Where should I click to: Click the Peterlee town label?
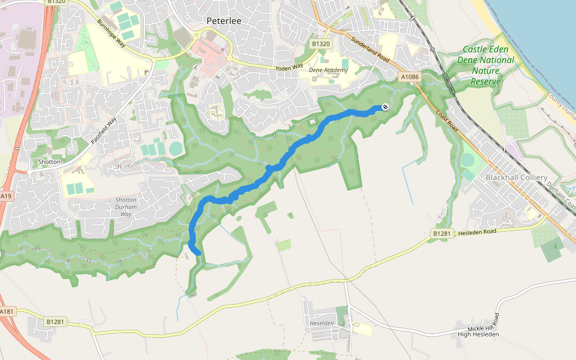(x=223, y=20)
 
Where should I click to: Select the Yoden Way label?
(x=290, y=68)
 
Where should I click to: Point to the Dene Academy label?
(x=328, y=70)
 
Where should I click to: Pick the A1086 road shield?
(x=410, y=77)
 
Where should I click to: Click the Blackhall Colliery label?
(x=516, y=178)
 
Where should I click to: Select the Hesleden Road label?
(x=477, y=232)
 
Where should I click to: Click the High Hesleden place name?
(x=478, y=334)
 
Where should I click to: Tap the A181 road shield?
(x=6, y=311)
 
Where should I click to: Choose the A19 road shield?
(x=5, y=196)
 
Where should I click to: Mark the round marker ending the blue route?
(x=385, y=107)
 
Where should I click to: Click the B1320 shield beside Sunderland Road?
(x=321, y=44)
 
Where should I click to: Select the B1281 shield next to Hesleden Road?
(x=441, y=233)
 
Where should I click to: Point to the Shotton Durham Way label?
(x=125, y=207)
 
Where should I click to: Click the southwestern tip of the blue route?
(x=197, y=252)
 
